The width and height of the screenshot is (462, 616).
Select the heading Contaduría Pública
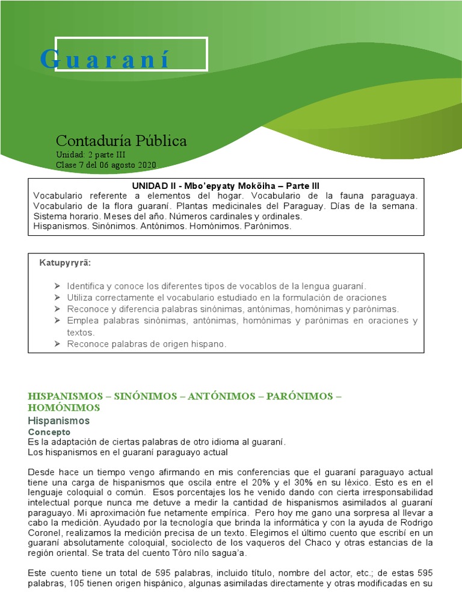(x=121, y=141)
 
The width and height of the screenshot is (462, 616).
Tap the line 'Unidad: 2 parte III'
(x=90, y=155)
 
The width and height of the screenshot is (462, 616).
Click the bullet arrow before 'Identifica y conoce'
(x=57, y=286)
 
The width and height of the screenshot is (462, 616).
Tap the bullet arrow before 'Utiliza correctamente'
(x=57, y=298)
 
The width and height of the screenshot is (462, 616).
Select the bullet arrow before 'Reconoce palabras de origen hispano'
(x=57, y=343)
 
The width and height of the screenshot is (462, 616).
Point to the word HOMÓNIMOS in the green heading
(x=64, y=407)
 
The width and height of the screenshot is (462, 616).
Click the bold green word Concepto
(x=49, y=432)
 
